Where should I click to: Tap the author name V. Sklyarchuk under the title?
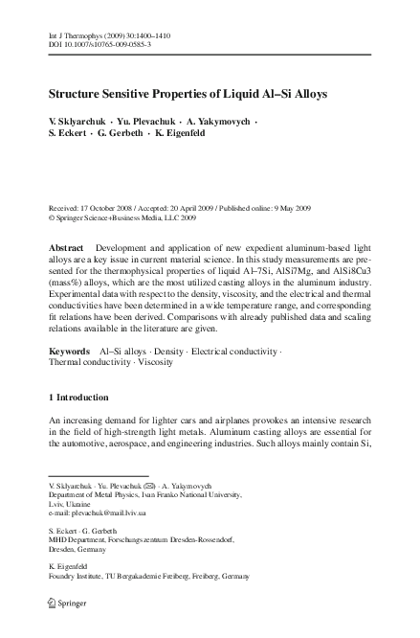click(x=77, y=122)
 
